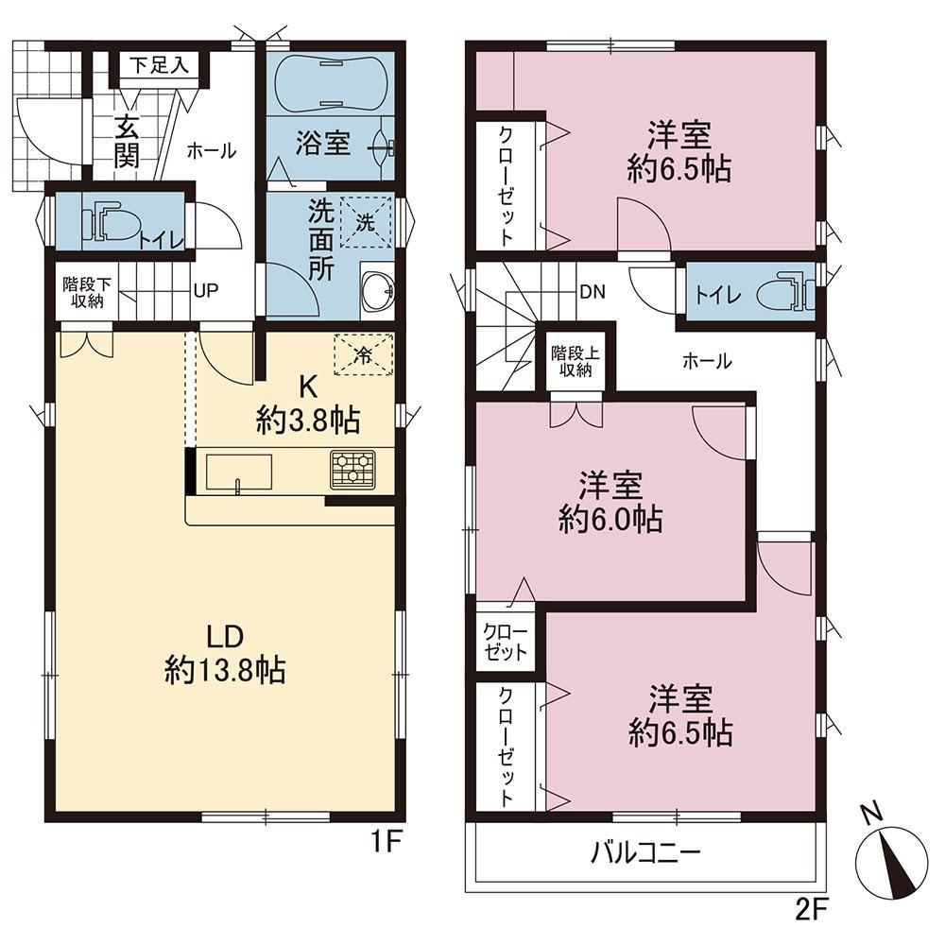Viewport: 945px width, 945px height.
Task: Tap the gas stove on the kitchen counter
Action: coord(352,469)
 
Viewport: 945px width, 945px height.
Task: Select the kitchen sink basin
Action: coord(239,472)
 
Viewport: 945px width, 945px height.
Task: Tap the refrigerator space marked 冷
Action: coord(364,354)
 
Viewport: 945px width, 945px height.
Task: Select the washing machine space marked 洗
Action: coord(365,222)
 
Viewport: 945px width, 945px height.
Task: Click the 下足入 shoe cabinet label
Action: coord(159,65)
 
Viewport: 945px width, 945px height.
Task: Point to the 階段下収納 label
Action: coord(87,292)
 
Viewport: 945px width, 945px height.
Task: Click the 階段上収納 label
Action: coord(576,362)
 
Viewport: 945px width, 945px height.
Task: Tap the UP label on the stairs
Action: coord(205,290)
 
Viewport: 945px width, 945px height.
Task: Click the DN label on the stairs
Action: coord(592,292)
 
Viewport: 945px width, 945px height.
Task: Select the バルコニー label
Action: coord(645,852)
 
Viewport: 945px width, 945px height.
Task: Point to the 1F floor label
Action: coord(387,841)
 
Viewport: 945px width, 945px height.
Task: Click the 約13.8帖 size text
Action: coord(226,670)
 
